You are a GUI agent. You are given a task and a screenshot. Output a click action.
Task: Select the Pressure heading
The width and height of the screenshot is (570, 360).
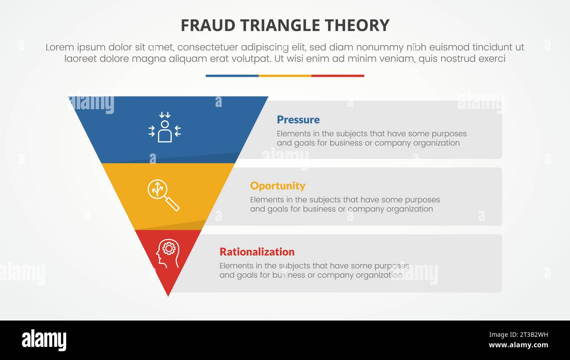point(298,120)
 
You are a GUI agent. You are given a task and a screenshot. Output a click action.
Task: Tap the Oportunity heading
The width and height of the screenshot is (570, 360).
point(278,186)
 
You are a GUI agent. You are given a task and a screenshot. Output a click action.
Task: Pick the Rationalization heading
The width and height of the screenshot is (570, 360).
point(257,252)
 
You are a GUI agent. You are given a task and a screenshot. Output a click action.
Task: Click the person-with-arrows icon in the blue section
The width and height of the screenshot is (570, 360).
point(164,127)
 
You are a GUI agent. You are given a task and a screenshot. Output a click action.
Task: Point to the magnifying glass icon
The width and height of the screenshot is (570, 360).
point(163,195)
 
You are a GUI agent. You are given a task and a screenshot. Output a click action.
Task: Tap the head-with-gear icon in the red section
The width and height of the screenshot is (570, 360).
point(167,253)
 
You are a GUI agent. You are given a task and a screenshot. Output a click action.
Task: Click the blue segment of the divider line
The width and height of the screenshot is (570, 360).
point(232,76)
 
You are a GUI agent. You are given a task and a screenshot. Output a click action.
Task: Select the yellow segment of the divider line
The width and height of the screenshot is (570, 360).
point(285,76)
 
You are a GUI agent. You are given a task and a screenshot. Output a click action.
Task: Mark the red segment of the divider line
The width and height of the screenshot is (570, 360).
point(338,76)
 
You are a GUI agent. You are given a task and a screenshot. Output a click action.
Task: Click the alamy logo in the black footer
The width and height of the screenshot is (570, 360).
point(44,340)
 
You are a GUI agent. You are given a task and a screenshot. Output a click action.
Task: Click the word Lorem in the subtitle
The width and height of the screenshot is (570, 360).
point(58,47)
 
